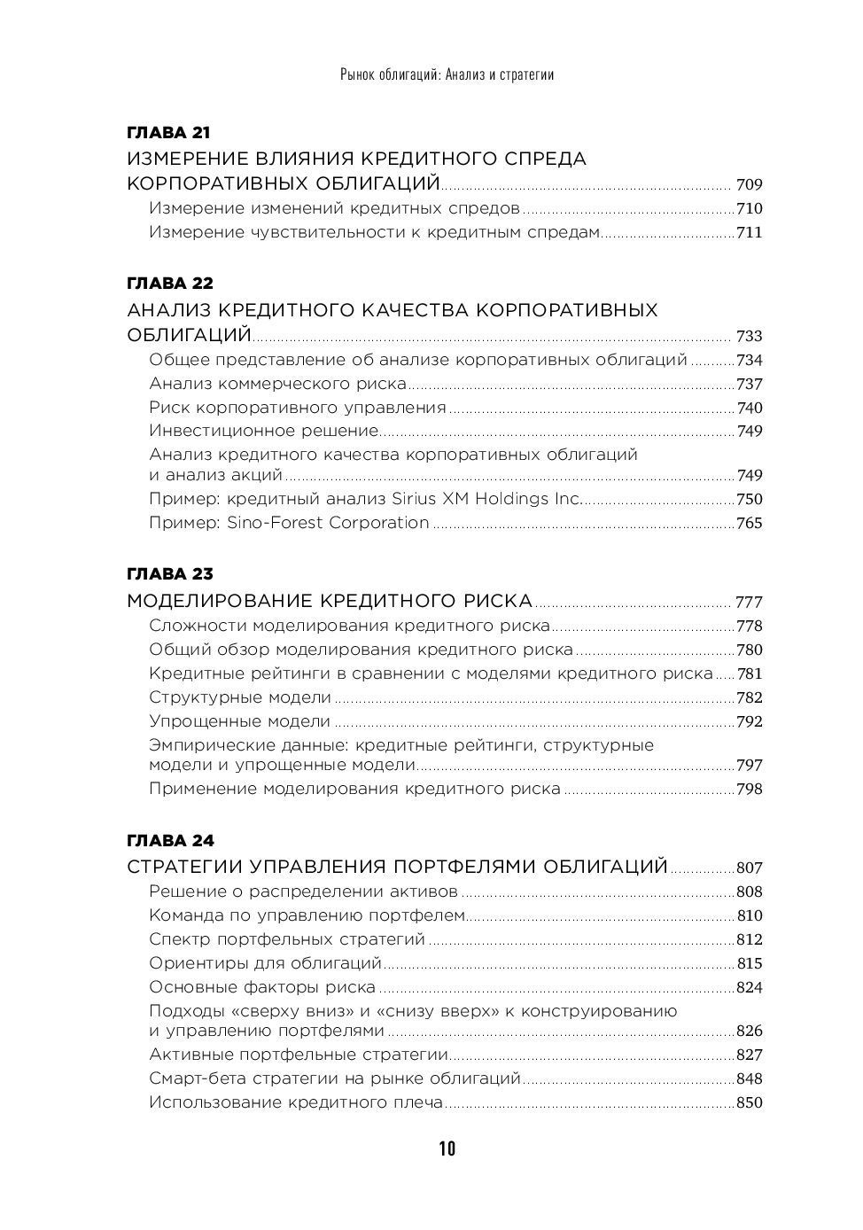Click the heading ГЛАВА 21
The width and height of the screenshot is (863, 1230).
coord(168,133)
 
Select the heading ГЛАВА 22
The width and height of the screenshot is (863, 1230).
coord(170,284)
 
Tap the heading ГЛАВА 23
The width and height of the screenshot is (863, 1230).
coord(170,574)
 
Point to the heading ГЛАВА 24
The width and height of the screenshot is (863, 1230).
coord(170,840)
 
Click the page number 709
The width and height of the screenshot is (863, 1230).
coord(749,185)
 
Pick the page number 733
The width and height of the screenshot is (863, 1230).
coord(749,336)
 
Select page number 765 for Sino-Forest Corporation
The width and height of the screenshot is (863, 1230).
coord(749,523)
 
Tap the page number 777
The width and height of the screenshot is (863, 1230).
coord(749,602)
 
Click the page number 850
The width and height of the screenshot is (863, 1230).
coord(749,1103)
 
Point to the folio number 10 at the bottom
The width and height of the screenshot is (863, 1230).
coord(447,1149)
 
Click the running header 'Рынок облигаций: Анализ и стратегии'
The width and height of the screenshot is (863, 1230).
coord(447,74)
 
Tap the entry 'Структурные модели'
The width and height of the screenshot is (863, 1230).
coord(240,697)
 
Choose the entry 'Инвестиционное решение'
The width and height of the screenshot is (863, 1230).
coord(264,432)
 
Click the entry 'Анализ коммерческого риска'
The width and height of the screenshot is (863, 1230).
coord(277,384)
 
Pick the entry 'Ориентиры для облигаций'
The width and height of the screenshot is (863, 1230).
coord(265,963)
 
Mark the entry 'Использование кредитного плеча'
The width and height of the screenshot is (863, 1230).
coord(296,1103)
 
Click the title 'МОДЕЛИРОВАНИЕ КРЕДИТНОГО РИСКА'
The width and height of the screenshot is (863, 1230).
coord(330,602)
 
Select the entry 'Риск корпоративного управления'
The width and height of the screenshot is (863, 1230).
coord(298,408)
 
